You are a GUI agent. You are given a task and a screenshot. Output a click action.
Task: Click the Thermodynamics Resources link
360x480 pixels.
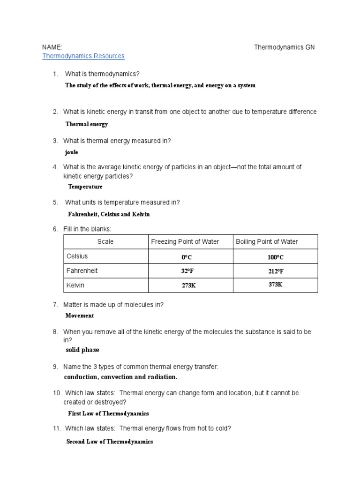83,56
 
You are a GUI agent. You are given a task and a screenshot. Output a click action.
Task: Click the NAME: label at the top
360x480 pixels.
52,47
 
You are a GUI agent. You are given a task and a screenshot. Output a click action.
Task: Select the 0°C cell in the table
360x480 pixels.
187,257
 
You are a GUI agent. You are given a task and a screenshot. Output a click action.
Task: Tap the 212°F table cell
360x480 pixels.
276,271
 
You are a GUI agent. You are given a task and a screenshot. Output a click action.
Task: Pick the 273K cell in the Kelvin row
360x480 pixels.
189,285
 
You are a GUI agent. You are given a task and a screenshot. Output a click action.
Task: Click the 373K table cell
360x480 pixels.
276,285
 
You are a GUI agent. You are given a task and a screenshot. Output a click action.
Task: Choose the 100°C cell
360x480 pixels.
276,257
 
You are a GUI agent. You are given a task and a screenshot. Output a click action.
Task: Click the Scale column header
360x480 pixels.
105,242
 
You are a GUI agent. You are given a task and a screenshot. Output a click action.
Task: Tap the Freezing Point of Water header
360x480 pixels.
185,242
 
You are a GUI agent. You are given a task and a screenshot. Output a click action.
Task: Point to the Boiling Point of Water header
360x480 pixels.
267,242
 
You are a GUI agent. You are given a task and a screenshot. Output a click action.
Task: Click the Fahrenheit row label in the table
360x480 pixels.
82,271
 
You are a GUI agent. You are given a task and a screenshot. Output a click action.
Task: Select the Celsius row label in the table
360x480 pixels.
77,256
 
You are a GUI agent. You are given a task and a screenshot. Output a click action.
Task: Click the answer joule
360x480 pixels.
72,152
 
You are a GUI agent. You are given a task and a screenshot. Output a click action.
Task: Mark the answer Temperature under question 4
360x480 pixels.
85,187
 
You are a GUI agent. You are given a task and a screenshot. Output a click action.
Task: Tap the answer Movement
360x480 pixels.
80,315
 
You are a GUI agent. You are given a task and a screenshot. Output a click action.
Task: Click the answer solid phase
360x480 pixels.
82,350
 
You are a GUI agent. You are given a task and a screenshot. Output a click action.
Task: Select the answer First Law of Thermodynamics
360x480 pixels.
108,413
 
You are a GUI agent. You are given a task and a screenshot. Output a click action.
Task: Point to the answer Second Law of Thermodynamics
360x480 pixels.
110,442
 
